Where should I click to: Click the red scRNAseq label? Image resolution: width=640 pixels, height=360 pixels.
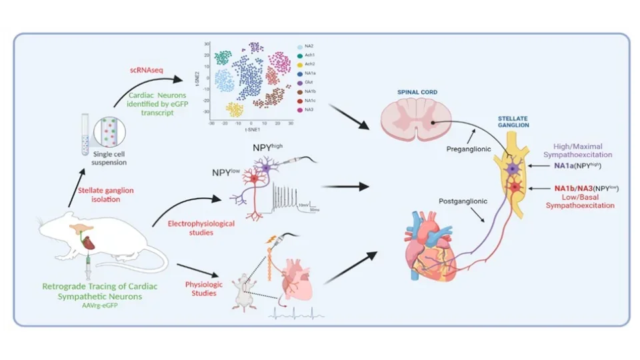click(148, 70)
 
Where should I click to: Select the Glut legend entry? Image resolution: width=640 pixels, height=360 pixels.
click(309, 82)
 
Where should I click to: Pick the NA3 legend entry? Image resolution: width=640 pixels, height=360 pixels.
click(309, 109)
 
